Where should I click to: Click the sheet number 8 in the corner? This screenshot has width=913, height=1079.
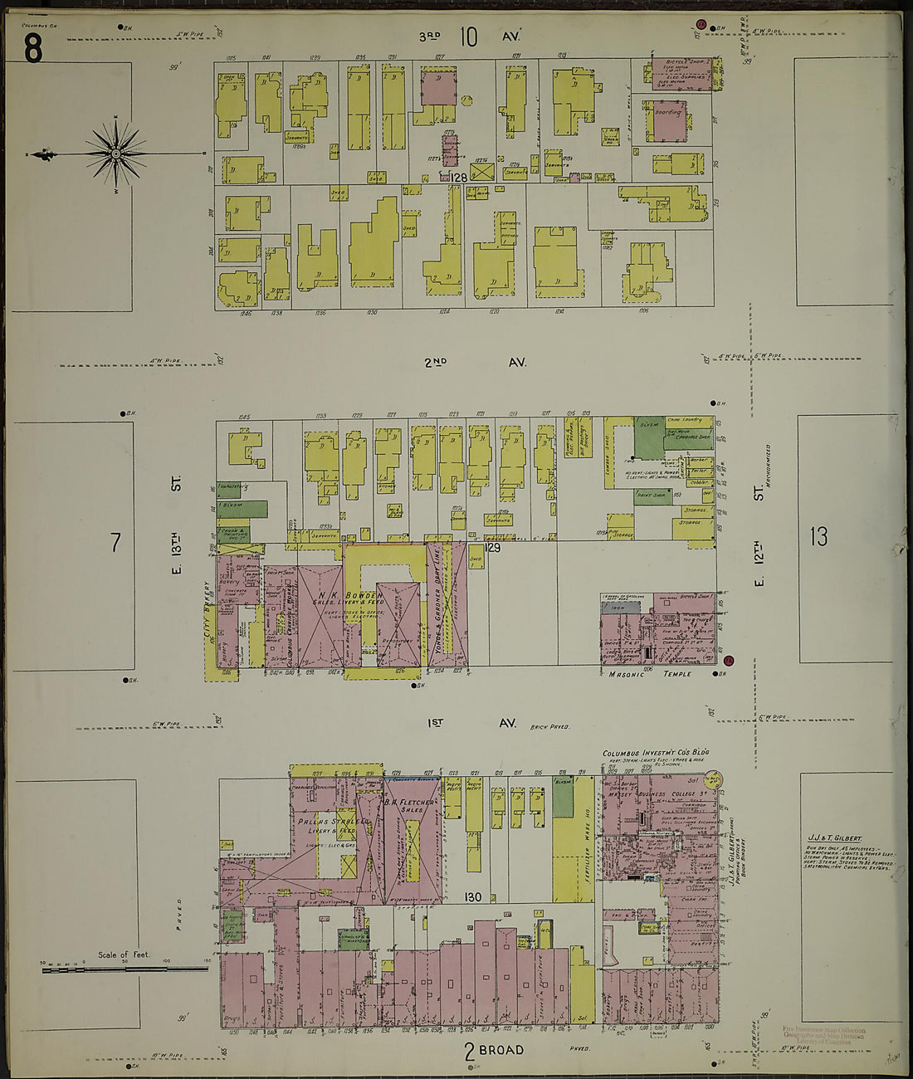point(32,51)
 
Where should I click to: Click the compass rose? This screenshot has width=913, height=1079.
point(116,154)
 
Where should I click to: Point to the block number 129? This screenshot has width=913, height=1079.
point(493,548)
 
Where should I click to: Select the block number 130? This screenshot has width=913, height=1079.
point(473,896)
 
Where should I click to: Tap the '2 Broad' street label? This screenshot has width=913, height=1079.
point(494,1051)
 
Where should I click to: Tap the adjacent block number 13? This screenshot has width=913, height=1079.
point(819,537)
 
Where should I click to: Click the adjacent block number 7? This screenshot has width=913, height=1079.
point(115,543)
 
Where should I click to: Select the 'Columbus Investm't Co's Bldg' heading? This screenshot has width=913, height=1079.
point(656,754)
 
